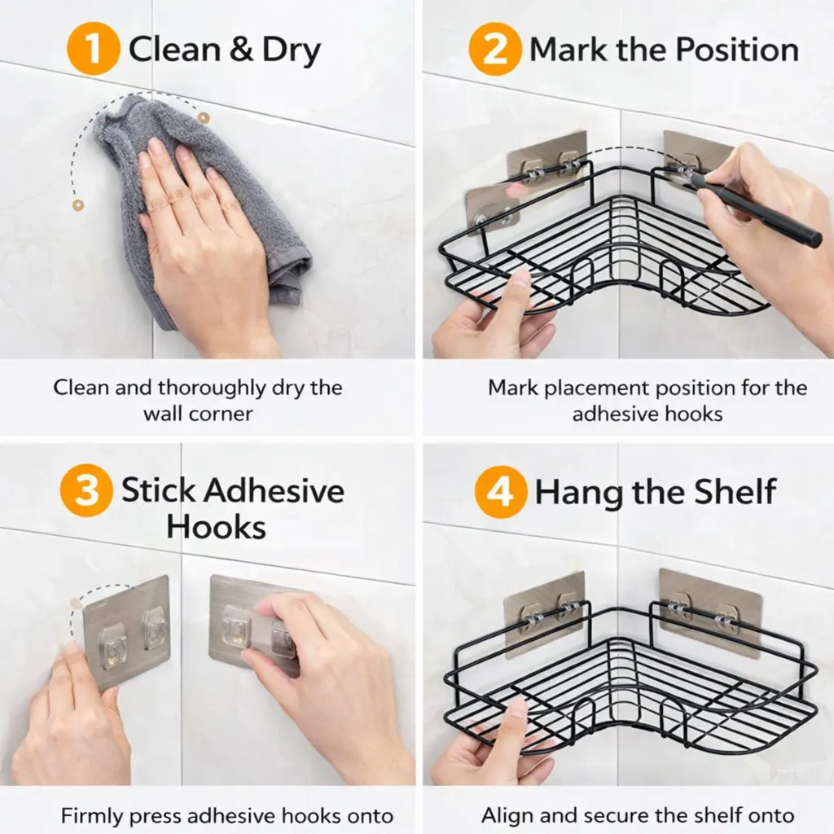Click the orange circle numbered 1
click(x=93, y=48)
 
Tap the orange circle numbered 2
click(x=494, y=49)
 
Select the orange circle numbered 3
click(x=86, y=490)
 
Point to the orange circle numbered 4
click(x=501, y=492)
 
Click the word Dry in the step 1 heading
click(x=292, y=50)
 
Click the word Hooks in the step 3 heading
click(x=216, y=527)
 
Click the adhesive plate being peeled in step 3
click(x=126, y=633)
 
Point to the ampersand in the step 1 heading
click(x=241, y=50)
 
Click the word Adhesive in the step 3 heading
click(x=275, y=490)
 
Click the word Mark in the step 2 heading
click(x=568, y=50)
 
